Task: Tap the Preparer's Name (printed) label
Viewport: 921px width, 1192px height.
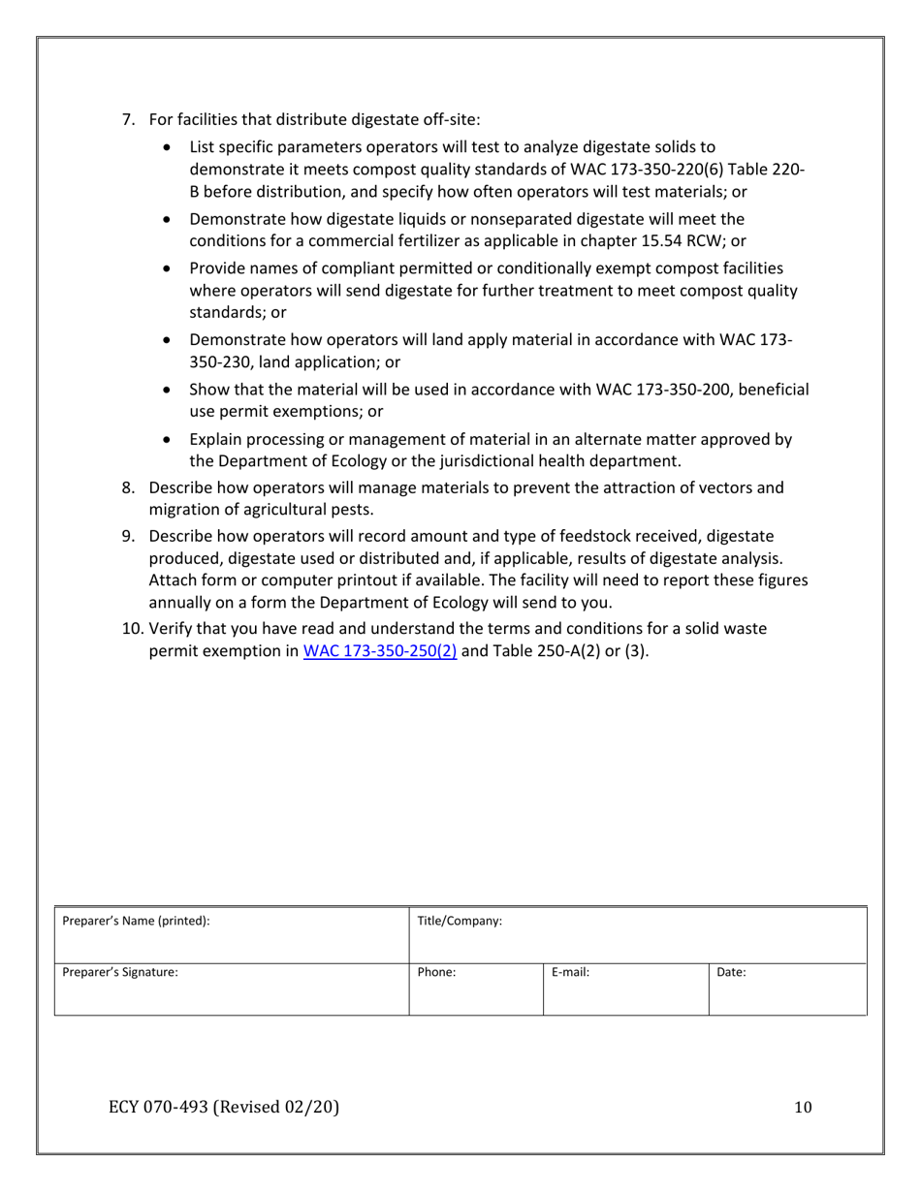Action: pos(136,921)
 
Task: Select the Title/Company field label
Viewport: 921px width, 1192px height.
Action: pos(459,921)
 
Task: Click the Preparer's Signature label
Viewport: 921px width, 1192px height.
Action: pos(120,972)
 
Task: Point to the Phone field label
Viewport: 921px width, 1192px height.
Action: pos(436,972)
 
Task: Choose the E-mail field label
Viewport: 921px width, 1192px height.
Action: pos(571,972)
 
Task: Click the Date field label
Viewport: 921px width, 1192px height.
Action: pos(731,972)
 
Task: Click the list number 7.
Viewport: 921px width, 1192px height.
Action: pos(127,119)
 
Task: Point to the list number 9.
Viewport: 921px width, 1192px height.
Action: pos(127,536)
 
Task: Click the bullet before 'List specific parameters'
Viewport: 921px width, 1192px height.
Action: pos(172,148)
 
